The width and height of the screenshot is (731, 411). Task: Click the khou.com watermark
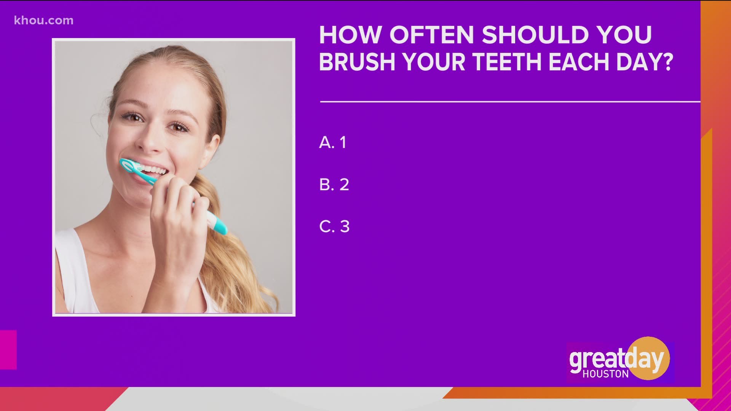click(44, 20)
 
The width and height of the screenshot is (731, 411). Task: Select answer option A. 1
click(333, 142)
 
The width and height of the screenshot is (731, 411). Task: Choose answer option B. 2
click(334, 185)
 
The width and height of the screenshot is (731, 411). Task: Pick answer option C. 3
click(334, 226)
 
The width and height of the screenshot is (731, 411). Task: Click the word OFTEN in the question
click(431, 35)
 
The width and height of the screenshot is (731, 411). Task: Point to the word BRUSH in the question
click(357, 62)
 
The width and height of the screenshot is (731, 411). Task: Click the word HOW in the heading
click(350, 35)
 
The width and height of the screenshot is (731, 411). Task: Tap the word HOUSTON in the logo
click(605, 374)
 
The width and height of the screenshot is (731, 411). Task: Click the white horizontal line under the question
click(510, 102)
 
